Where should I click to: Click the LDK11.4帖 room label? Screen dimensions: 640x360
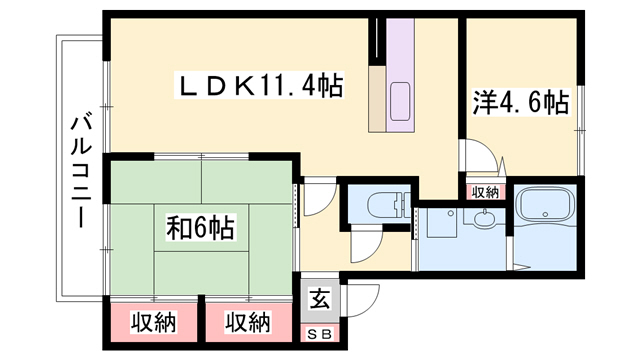(259, 85)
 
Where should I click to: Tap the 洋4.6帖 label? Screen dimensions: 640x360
(521, 102)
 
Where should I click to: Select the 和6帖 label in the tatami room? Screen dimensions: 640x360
(200, 228)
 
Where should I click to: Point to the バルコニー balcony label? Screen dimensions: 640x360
(80, 172)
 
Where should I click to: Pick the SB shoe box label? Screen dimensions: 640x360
(320, 335)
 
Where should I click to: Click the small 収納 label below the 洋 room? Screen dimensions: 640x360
(486, 192)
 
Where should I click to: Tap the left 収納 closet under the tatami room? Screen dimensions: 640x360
(153, 322)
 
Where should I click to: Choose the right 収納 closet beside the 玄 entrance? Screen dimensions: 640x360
(248, 322)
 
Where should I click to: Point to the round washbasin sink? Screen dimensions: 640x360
(485, 217)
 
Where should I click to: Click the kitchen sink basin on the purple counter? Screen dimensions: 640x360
(400, 102)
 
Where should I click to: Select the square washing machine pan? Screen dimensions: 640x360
(442, 222)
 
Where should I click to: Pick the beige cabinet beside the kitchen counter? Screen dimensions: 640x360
(377, 99)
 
